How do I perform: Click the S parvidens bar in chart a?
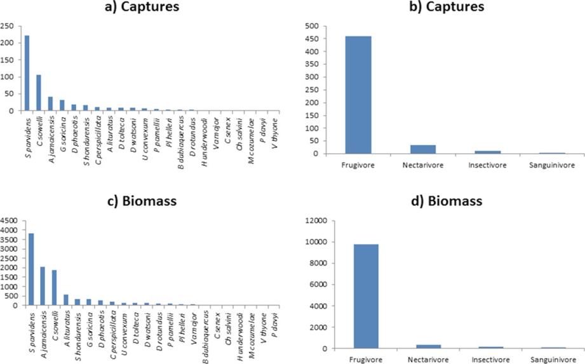(27, 73)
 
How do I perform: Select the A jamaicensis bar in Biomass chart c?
(43, 286)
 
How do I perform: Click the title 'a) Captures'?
(143, 8)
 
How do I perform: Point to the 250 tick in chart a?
(8, 26)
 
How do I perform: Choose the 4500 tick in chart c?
(10, 221)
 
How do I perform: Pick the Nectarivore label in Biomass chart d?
(419, 359)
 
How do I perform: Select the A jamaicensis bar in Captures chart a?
(50, 104)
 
